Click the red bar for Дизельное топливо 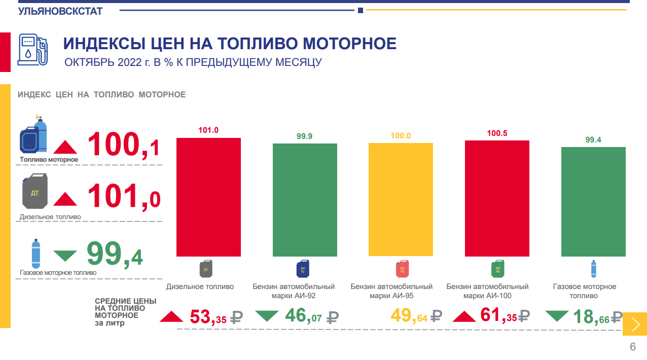point(208,197)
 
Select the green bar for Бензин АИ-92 point(305,200)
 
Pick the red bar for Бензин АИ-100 point(497,198)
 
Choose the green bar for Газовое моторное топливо point(593,201)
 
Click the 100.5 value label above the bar point(497,133)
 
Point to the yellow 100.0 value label point(401,136)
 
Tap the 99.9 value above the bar point(305,136)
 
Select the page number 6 point(632,347)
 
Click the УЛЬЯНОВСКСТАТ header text point(60,11)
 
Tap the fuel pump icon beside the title point(33,50)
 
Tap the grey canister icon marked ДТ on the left point(35,192)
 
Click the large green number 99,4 point(115,254)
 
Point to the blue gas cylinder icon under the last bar point(593,269)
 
